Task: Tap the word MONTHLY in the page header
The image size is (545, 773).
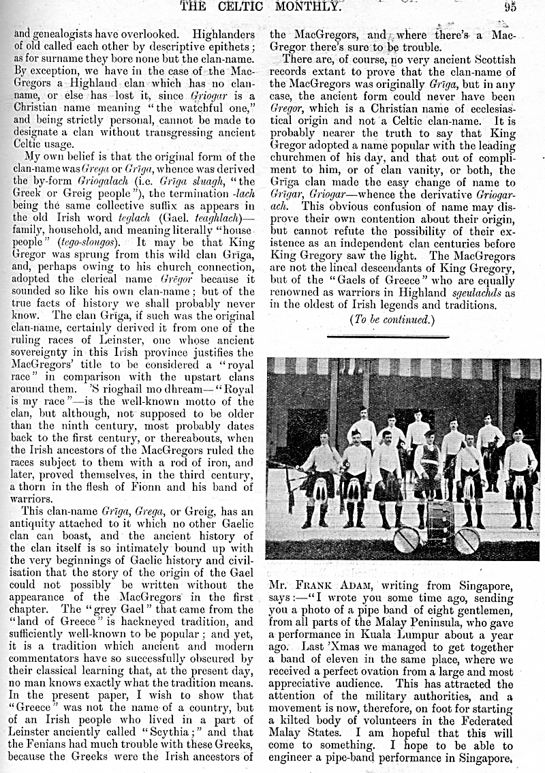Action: (x=304, y=7)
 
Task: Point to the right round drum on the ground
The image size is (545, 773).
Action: (x=467, y=541)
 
